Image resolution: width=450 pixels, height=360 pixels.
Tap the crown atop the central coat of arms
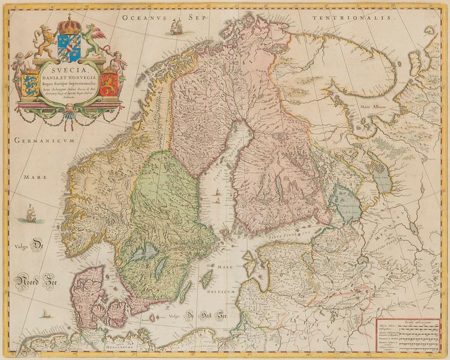tap(70, 25)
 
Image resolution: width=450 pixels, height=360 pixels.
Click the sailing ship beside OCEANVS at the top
tap(176, 26)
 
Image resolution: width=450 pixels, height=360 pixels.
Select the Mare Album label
tap(374, 107)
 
